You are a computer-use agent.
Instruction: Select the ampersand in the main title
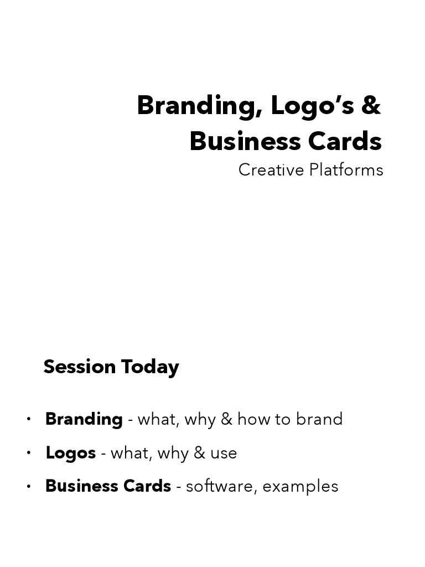pyautogui.click(x=371, y=106)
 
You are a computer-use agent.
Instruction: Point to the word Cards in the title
pyautogui.click(x=345, y=141)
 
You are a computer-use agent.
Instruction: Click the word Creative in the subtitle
pyautogui.click(x=271, y=170)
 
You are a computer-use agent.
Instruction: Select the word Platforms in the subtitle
pyautogui.click(x=346, y=170)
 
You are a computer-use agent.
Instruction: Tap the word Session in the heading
pyautogui.click(x=80, y=367)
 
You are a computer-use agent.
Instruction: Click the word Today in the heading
pyautogui.click(x=150, y=367)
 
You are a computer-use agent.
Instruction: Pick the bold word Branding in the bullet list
pyautogui.click(x=84, y=419)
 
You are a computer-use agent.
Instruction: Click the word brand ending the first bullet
pyautogui.click(x=319, y=419)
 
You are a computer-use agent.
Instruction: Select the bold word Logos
pyautogui.click(x=71, y=453)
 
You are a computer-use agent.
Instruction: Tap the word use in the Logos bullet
pyautogui.click(x=224, y=453)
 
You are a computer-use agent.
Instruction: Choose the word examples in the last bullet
pyautogui.click(x=300, y=487)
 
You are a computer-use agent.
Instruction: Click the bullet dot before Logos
pyautogui.click(x=29, y=453)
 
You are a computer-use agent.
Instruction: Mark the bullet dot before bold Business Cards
pyautogui.click(x=29, y=486)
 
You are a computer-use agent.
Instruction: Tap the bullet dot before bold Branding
pyautogui.click(x=29, y=419)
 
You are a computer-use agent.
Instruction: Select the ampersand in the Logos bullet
pyautogui.click(x=199, y=453)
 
